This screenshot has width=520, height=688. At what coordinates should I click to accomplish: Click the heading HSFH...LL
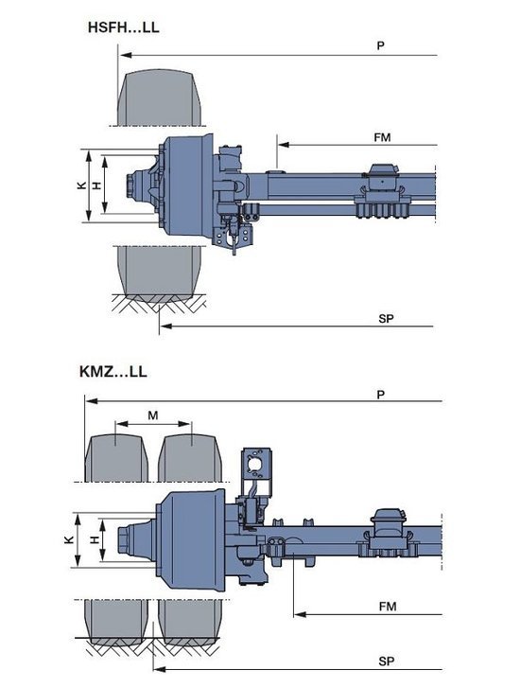point(123,27)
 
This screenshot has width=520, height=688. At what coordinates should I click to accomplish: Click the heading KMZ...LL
point(113,372)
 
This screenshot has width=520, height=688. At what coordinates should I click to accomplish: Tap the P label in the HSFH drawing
point(381,45)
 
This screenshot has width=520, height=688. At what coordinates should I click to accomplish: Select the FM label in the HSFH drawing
point(382,137)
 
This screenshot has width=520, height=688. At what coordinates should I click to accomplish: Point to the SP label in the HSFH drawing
point(386,319)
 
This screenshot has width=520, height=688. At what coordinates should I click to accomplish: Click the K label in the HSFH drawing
point(81,185)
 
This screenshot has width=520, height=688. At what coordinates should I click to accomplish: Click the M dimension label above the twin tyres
point(152,415)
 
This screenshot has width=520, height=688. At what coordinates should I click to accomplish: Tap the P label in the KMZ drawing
point(381,395)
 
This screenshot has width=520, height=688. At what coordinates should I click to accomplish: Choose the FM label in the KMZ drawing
point(388,607)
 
